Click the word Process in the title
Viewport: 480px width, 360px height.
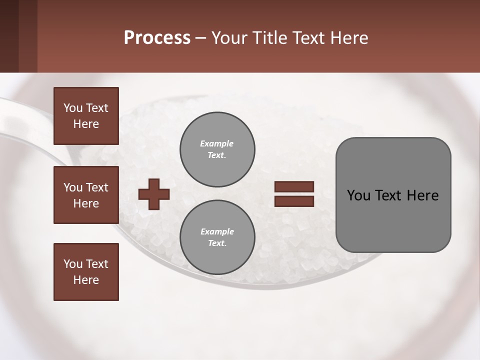pos(157,38)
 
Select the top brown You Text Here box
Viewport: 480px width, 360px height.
pos(86,116)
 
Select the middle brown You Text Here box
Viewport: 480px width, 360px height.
pos(86,195)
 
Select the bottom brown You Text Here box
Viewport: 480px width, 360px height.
pos(86,271)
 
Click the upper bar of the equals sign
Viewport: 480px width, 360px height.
pos(294,186)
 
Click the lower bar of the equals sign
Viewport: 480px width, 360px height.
pos(294,201)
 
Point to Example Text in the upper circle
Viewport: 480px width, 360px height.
pos(217,149)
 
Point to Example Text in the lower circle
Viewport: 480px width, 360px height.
pos(217,237)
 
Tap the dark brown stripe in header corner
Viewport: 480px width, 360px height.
pos(9,36)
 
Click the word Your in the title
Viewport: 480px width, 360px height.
pos(228,38)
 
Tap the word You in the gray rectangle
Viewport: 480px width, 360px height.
pos(358,195)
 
